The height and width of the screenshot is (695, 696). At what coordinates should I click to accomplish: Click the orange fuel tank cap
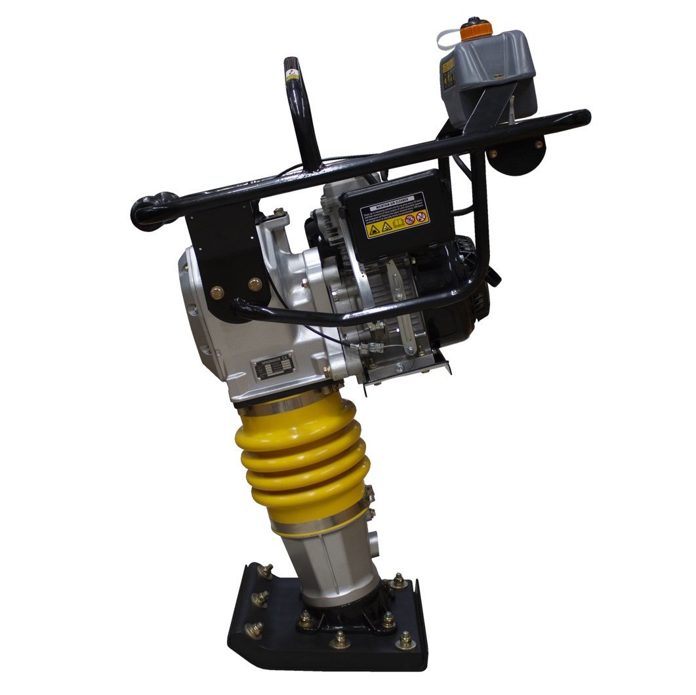tap(476, 29)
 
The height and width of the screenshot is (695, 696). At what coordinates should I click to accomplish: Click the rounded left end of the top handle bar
tap(146, 211)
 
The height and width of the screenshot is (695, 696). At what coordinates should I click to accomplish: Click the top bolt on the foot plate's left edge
tap(266, 571)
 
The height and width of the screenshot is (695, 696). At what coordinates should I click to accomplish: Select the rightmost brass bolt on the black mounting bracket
tap(255, 285)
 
